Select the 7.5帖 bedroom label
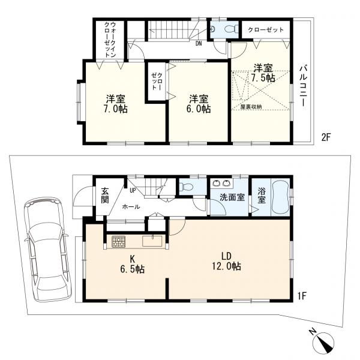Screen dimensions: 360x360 [x=263, y=73]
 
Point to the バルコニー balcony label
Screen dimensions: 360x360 [x=303, y=85]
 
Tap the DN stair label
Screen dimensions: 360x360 [x=198, y=43]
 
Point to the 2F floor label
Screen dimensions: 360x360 [x=326, y=137]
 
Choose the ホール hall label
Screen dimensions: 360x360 [x=131, y=206]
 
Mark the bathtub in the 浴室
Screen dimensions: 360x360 [x=280, y=196]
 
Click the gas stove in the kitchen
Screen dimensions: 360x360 [x=118, y=242]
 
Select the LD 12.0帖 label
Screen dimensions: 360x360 [x=226, y=261]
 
